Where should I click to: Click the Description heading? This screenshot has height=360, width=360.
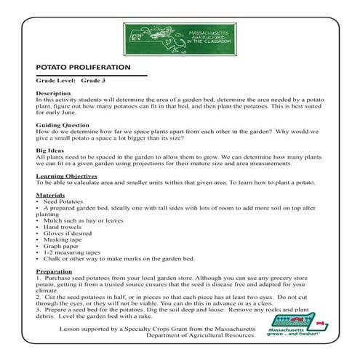(x=54, y=94)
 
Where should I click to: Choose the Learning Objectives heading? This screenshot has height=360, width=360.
(x=67, y=176)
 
